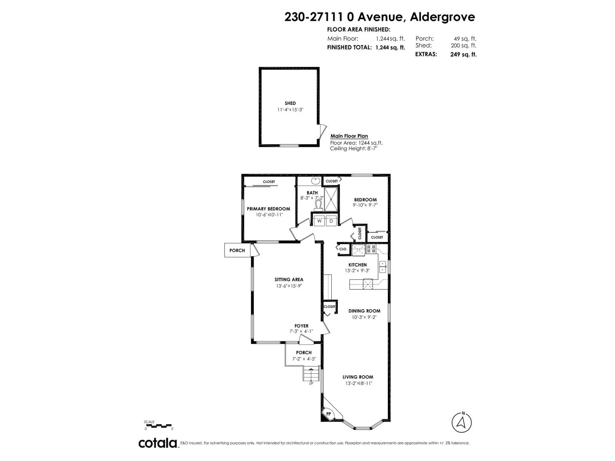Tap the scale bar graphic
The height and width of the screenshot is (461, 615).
point(158,426)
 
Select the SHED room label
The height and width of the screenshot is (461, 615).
point(290,103)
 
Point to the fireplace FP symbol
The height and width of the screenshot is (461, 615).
point(328,414)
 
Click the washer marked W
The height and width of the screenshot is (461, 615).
point(319,221)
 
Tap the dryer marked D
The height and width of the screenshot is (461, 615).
point(331,221)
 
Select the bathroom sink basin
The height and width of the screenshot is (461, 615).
point(316,181)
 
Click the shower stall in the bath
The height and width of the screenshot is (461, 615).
point(331,199)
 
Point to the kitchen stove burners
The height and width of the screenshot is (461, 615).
point(371,249)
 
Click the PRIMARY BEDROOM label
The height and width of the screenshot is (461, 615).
point(268,209)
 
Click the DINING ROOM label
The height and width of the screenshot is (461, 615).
point(364,311)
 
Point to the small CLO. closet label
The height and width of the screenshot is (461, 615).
point(343,249)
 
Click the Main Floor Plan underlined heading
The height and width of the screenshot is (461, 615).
point(349,136)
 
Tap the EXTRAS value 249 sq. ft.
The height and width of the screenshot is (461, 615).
point(463,54)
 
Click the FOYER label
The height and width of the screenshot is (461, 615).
point(301,326)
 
